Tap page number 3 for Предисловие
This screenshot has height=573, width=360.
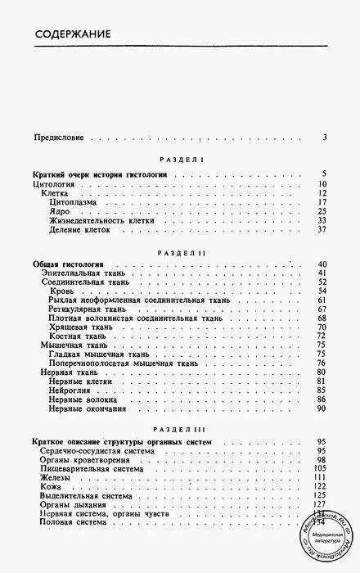point(325,138)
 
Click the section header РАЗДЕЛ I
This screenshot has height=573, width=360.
point(179,162)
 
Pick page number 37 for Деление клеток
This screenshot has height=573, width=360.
point(322,230)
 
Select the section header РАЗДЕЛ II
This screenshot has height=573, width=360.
point(179,255)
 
